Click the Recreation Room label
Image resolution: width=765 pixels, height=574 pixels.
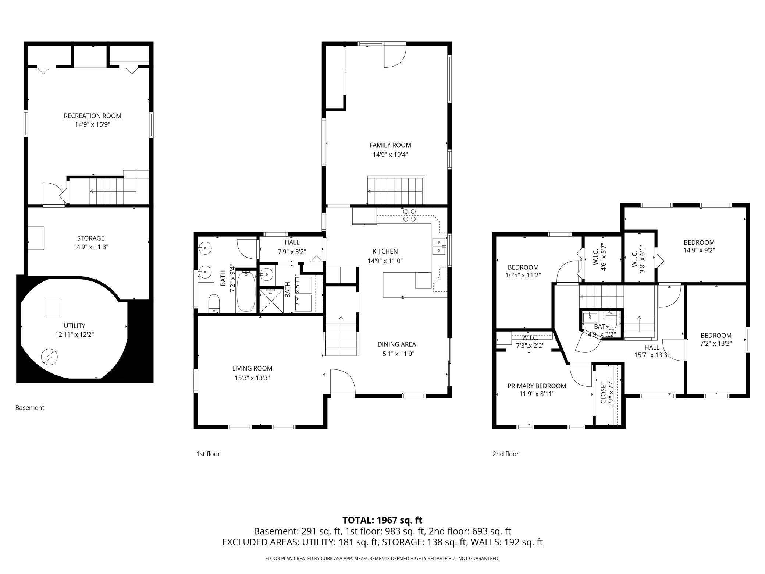tap(92, 116)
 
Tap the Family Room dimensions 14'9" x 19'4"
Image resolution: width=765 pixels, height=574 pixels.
tap(390, 155)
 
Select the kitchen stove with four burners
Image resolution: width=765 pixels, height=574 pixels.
tap(409, 215)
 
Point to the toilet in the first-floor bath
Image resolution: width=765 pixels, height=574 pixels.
tap(214, 304)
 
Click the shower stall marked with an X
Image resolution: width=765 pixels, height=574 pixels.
tap(271, 301)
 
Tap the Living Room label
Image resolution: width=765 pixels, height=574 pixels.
tap(252, 368)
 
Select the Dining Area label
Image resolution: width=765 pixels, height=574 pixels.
tap(396, 344)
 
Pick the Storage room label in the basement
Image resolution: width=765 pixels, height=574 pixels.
tap(90, 238)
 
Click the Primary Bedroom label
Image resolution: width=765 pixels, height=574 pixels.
tap(537, 386)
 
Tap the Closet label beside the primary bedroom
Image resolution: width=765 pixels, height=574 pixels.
tap(603, 392)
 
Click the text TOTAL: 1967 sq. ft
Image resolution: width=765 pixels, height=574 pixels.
tap(382, 520)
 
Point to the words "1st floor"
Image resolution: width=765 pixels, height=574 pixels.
tap(208, 454)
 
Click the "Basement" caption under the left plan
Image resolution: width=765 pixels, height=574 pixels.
tap(30, 407)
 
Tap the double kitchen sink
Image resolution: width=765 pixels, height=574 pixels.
tap(439, 246)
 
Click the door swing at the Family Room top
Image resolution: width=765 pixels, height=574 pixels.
tap(395, 55)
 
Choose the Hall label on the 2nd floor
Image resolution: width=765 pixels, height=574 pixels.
tap(652, 347)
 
